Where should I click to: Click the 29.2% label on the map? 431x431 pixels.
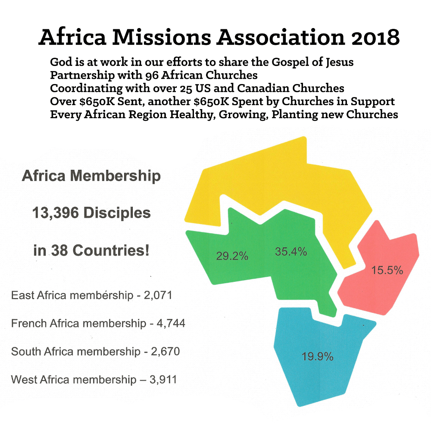[232, 256]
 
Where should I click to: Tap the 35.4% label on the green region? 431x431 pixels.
[291, 252]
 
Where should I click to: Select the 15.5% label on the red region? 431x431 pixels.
[387, 270]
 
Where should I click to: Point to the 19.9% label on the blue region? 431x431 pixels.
[318, 356]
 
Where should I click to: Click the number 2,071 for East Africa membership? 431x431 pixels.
[158, 295]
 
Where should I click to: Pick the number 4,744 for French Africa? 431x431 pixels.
[171, 323]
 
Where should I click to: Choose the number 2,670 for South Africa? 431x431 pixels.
[166, 351]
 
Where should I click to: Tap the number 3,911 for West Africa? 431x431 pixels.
[163, 380]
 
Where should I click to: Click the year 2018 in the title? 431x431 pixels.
[375, 37]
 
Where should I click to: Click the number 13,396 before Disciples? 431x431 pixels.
[56, 213]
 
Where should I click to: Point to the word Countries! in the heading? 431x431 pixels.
[111, 250]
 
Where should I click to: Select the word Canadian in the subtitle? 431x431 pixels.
[263, 88]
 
